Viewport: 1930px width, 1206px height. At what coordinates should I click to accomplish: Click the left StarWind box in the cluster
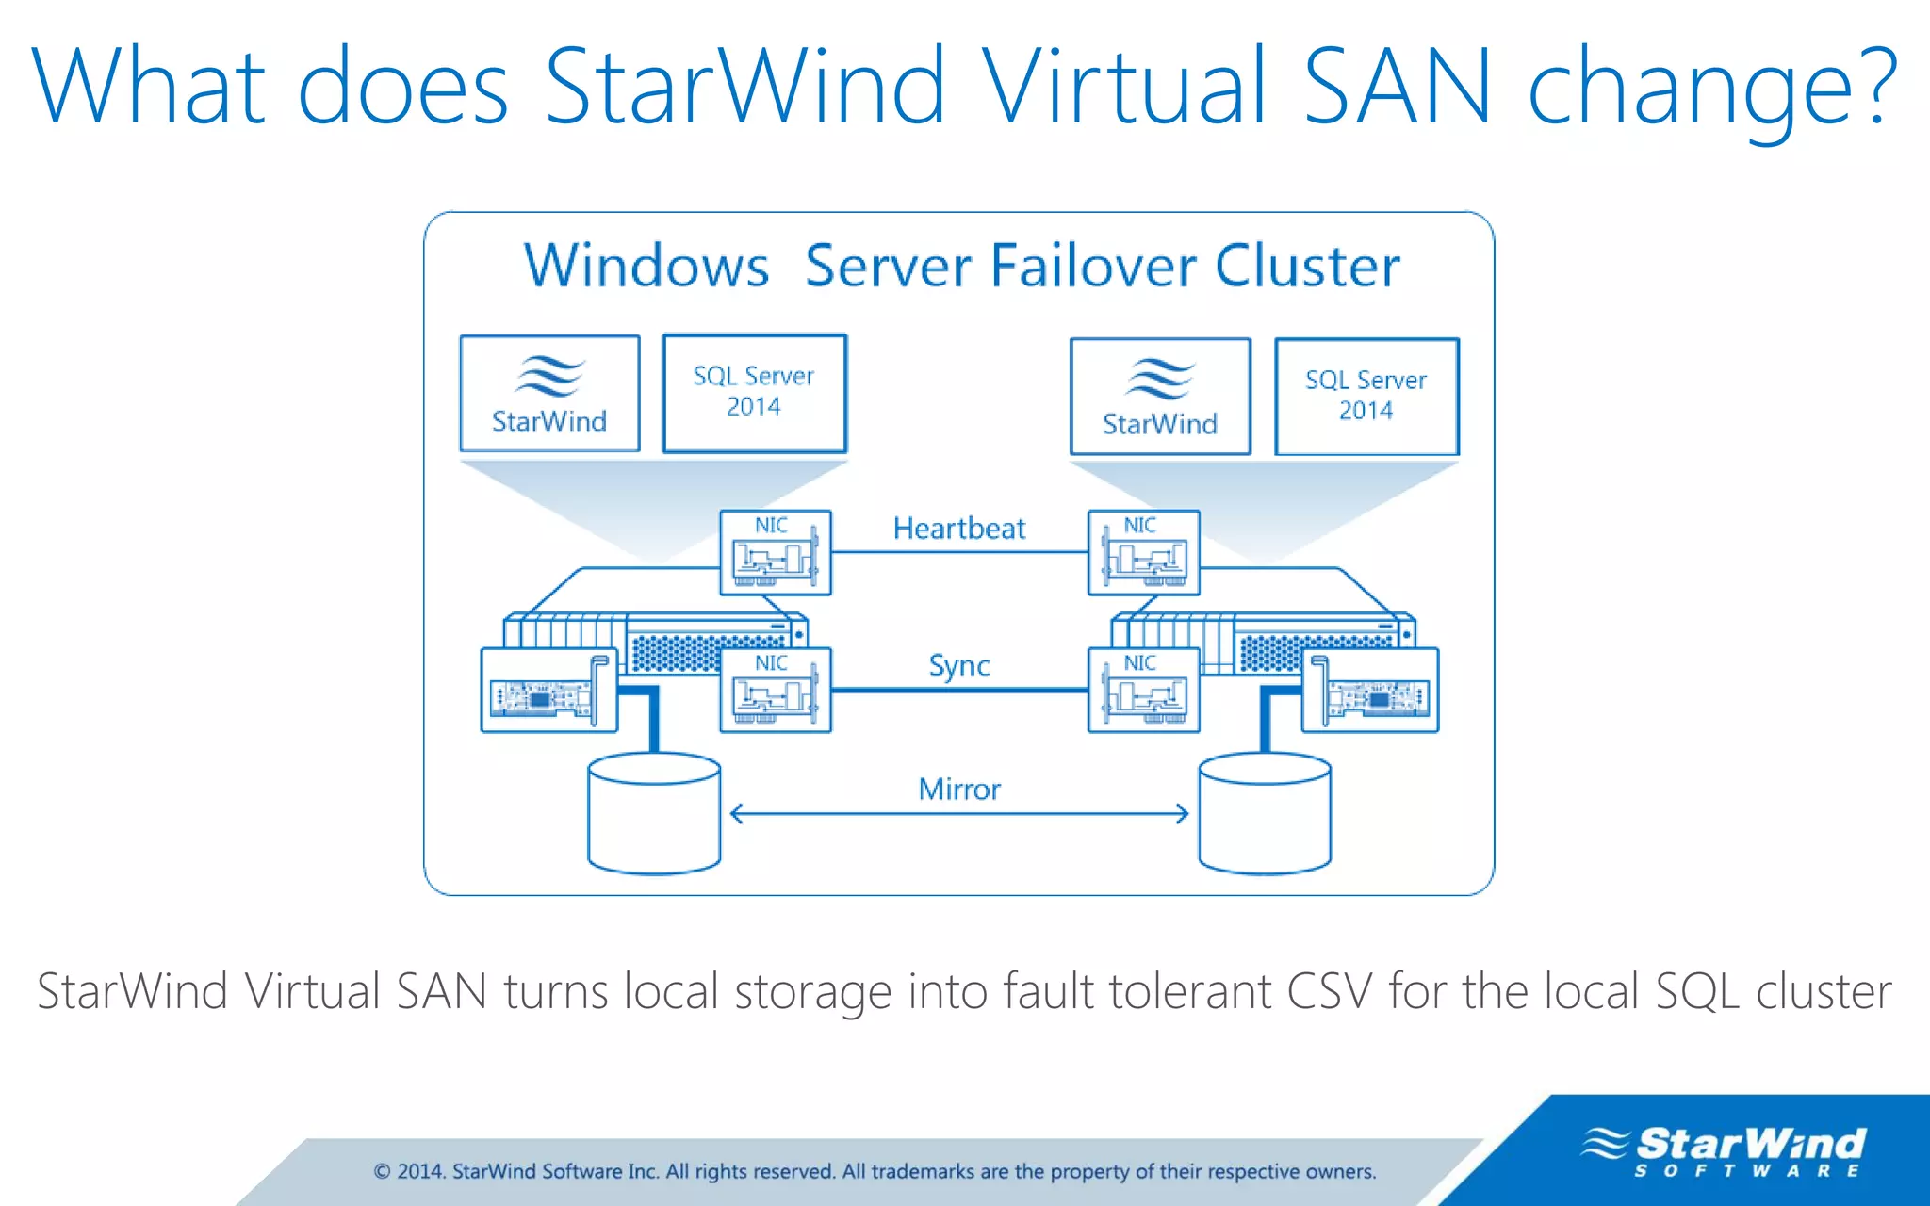pyautogui.click(x=549, y=394)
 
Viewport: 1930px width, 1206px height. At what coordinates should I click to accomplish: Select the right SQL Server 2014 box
pyautogui.click(x=1366, y=396)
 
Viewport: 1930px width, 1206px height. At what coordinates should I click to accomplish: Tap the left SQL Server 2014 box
pyautogui.click(x=754, y=393)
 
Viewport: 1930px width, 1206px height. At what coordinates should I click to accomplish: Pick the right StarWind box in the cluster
pyautogui.click(x=1160, y=397)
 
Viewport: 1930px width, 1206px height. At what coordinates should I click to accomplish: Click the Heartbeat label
pyautogui.click(x=958, y=529)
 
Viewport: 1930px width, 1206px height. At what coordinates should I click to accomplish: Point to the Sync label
pyautogui.click(x=958, y=666)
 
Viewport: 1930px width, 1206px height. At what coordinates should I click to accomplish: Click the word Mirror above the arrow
pyautogui.click(x=958, y=790)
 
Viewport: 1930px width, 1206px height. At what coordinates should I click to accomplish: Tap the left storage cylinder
pyautogui.click(x=654, y=813)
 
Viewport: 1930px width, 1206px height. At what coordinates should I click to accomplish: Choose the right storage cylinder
pyautogui.click(x=1265, y=813)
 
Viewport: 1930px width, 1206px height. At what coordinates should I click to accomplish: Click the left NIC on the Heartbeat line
pyautogui.click(x=775, y=553)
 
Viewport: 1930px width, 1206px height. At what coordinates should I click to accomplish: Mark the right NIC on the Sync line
pyautogui.click(x=1143, y=691)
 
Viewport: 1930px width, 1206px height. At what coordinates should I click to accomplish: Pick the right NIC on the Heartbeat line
pyautogui.click(x=1143, y=553)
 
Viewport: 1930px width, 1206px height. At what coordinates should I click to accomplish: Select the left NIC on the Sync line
pyautogui.click(x=775, y=691)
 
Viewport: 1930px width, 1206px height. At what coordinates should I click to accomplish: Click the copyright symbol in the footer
pyautogui.click(x=382, y=1172)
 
